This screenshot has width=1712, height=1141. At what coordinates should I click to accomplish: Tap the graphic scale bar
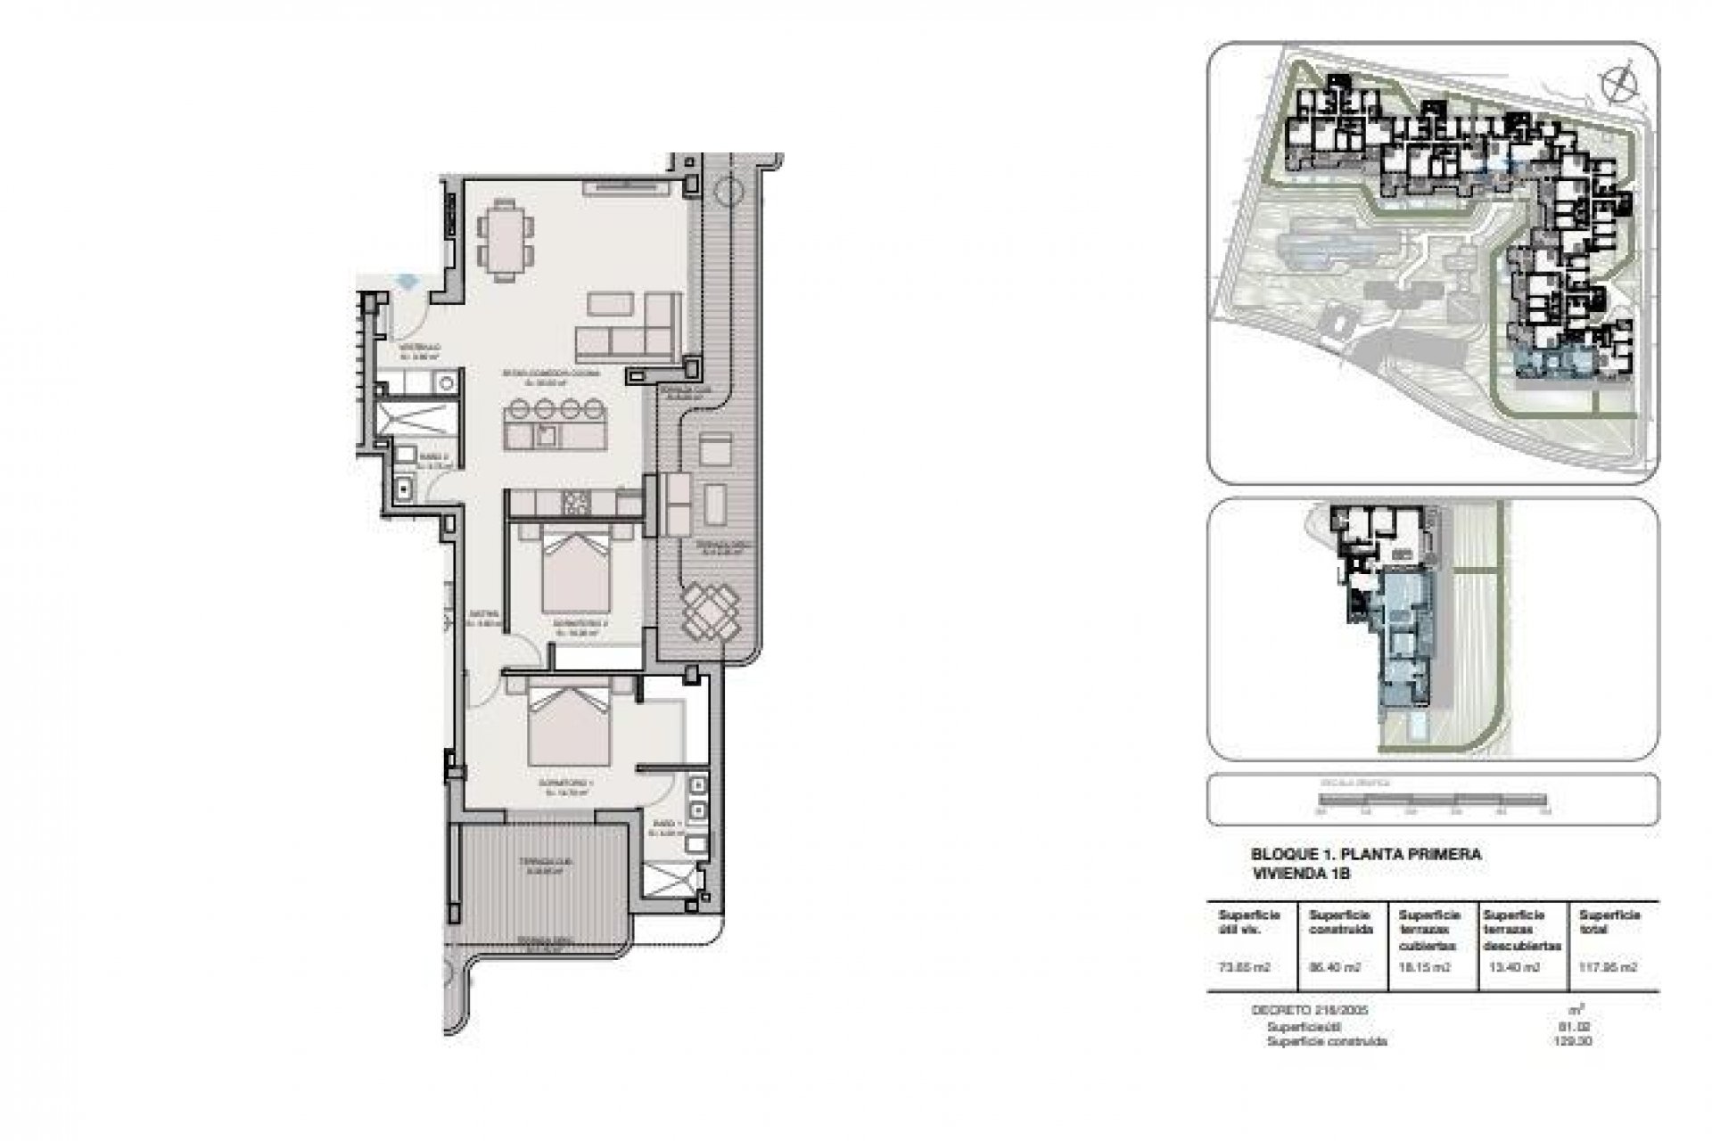pos(1433,803)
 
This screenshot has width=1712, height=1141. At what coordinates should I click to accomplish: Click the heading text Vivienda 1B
pos(1288,874)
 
